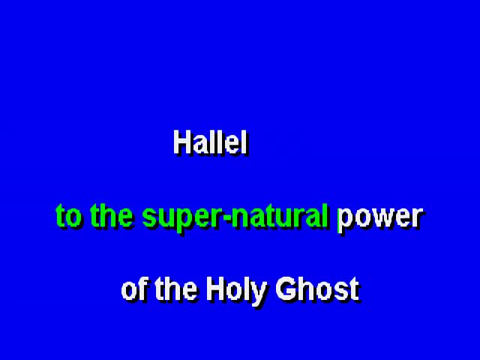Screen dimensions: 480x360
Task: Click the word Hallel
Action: tap(210, 142)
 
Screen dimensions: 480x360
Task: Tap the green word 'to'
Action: tap(68, 216)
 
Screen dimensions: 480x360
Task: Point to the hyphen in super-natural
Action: tap(226, 218)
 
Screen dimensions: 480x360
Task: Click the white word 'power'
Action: tap(380, 218)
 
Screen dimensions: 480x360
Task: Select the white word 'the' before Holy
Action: tap(175, 288)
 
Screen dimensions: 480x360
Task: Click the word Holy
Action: tap(235, 290)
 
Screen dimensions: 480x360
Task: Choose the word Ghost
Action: tap(317, 288)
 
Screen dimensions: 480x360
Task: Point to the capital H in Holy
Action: tap(215, 289)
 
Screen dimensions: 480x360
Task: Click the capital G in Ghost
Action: tap(286, 289)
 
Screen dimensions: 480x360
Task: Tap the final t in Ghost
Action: tap(353, 290)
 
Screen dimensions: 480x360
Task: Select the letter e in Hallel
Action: tap(232, 145)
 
